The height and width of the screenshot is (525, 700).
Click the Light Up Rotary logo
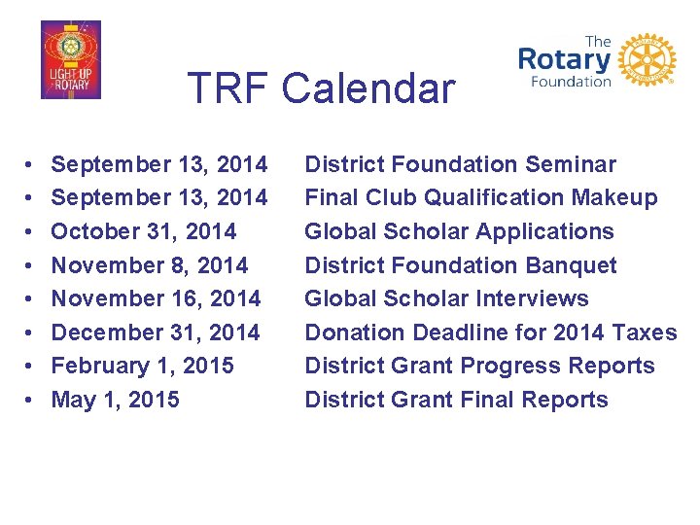[x=70, y=60]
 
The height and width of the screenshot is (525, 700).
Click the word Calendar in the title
[x=367, y=88]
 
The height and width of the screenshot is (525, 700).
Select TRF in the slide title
[x=228, y=88]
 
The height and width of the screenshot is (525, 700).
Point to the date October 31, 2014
[x=143, y=231]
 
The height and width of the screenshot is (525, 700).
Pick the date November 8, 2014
[x=149, y=265]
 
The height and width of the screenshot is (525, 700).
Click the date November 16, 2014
[x=156, y=298]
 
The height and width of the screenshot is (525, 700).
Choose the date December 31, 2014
[x=156, y=332]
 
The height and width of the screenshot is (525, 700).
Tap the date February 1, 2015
[x=142, y=366]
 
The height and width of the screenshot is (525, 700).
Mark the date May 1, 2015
[x=115, y=400]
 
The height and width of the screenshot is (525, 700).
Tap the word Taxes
[x=644, y=332]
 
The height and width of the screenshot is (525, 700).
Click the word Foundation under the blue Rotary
[x=571, y=82]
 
